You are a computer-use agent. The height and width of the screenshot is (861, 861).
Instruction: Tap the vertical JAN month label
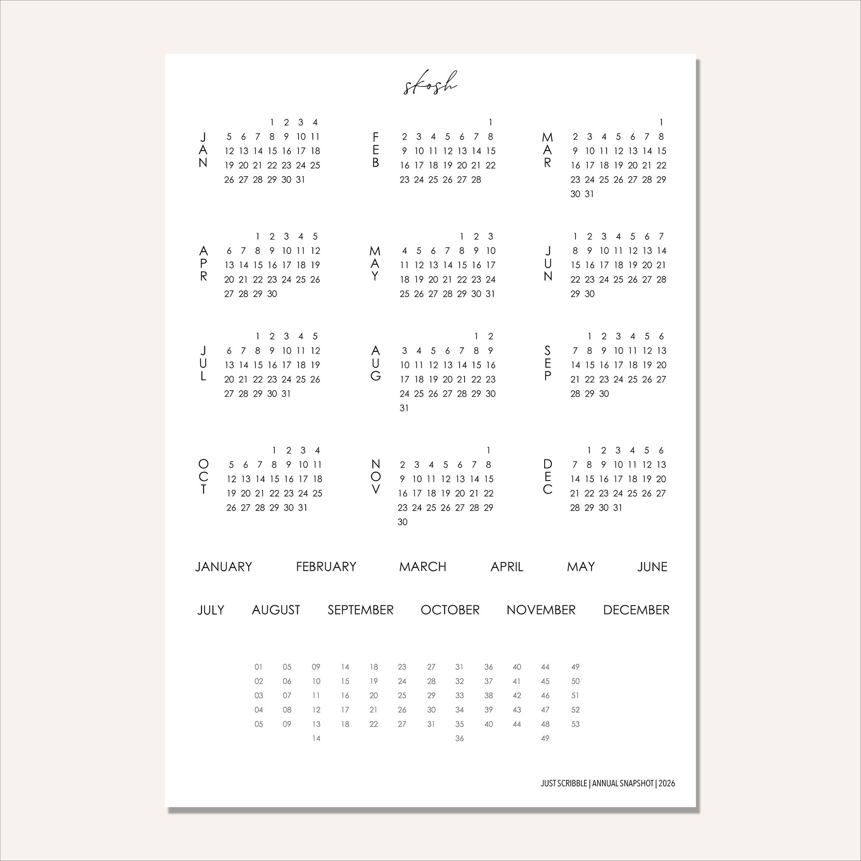[203, 150]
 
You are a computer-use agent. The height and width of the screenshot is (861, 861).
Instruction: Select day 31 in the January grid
[301, 180]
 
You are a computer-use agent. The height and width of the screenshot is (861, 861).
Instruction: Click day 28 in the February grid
[476, 180]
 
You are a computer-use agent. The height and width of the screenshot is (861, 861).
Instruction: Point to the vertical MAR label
[547, 150]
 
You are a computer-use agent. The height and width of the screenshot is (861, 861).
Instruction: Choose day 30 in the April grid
[272, 294]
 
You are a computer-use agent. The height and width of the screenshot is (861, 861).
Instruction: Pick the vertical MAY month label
[375, 264]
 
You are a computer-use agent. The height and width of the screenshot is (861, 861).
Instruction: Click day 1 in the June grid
[575, 236]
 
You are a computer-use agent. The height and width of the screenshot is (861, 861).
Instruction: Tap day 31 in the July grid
[286, 393]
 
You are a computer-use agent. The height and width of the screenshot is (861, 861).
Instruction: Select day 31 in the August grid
[404, 408]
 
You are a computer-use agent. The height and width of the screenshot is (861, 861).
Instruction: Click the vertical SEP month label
[547, 364]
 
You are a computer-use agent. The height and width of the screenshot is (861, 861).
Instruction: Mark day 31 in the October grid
[303, 507]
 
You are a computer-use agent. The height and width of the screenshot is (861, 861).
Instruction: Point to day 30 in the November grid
[403, 522]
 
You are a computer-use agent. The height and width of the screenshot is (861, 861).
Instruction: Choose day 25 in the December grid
[632, 493]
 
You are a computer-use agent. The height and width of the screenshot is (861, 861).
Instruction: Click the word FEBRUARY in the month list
[326, 567]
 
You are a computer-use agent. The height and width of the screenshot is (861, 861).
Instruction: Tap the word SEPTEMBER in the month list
[361, 610]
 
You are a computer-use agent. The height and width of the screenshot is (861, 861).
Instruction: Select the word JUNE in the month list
[652, 567]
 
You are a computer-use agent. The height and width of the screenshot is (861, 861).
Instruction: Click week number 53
[575, 724]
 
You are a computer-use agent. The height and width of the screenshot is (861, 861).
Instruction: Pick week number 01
[258, 667]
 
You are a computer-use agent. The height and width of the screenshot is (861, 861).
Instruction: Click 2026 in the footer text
[667, 784]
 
